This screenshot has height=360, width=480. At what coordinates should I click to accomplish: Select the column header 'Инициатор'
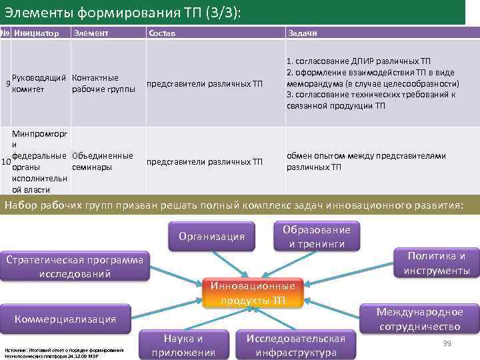pos(36,33)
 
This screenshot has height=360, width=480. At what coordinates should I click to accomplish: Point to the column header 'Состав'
pos(163,33)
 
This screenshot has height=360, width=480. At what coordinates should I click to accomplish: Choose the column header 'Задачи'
pos(302,33)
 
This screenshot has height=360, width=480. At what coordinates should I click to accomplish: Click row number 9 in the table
pos(7,84)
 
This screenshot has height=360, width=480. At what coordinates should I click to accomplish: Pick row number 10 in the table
pos(6,162)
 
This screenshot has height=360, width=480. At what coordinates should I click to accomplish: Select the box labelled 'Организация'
pos(212,237)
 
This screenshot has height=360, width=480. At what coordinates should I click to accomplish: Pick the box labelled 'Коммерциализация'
pos(65,319)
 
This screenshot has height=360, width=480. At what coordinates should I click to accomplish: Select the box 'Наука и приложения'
pos(184,345)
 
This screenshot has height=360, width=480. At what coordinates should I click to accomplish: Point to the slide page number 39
pos(447,343)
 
